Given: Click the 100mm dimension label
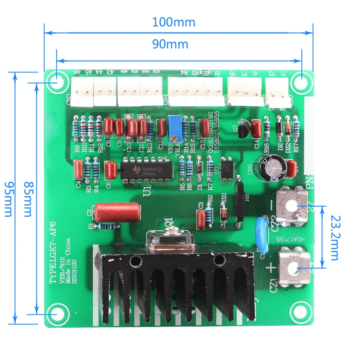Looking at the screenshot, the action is click(174, 22).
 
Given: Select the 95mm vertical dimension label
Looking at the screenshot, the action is click(8, 199).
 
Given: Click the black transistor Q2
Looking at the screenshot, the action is click(243, 129).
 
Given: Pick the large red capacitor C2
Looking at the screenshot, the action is click(117, 211).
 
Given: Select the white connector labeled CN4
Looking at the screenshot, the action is click(195, 91).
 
